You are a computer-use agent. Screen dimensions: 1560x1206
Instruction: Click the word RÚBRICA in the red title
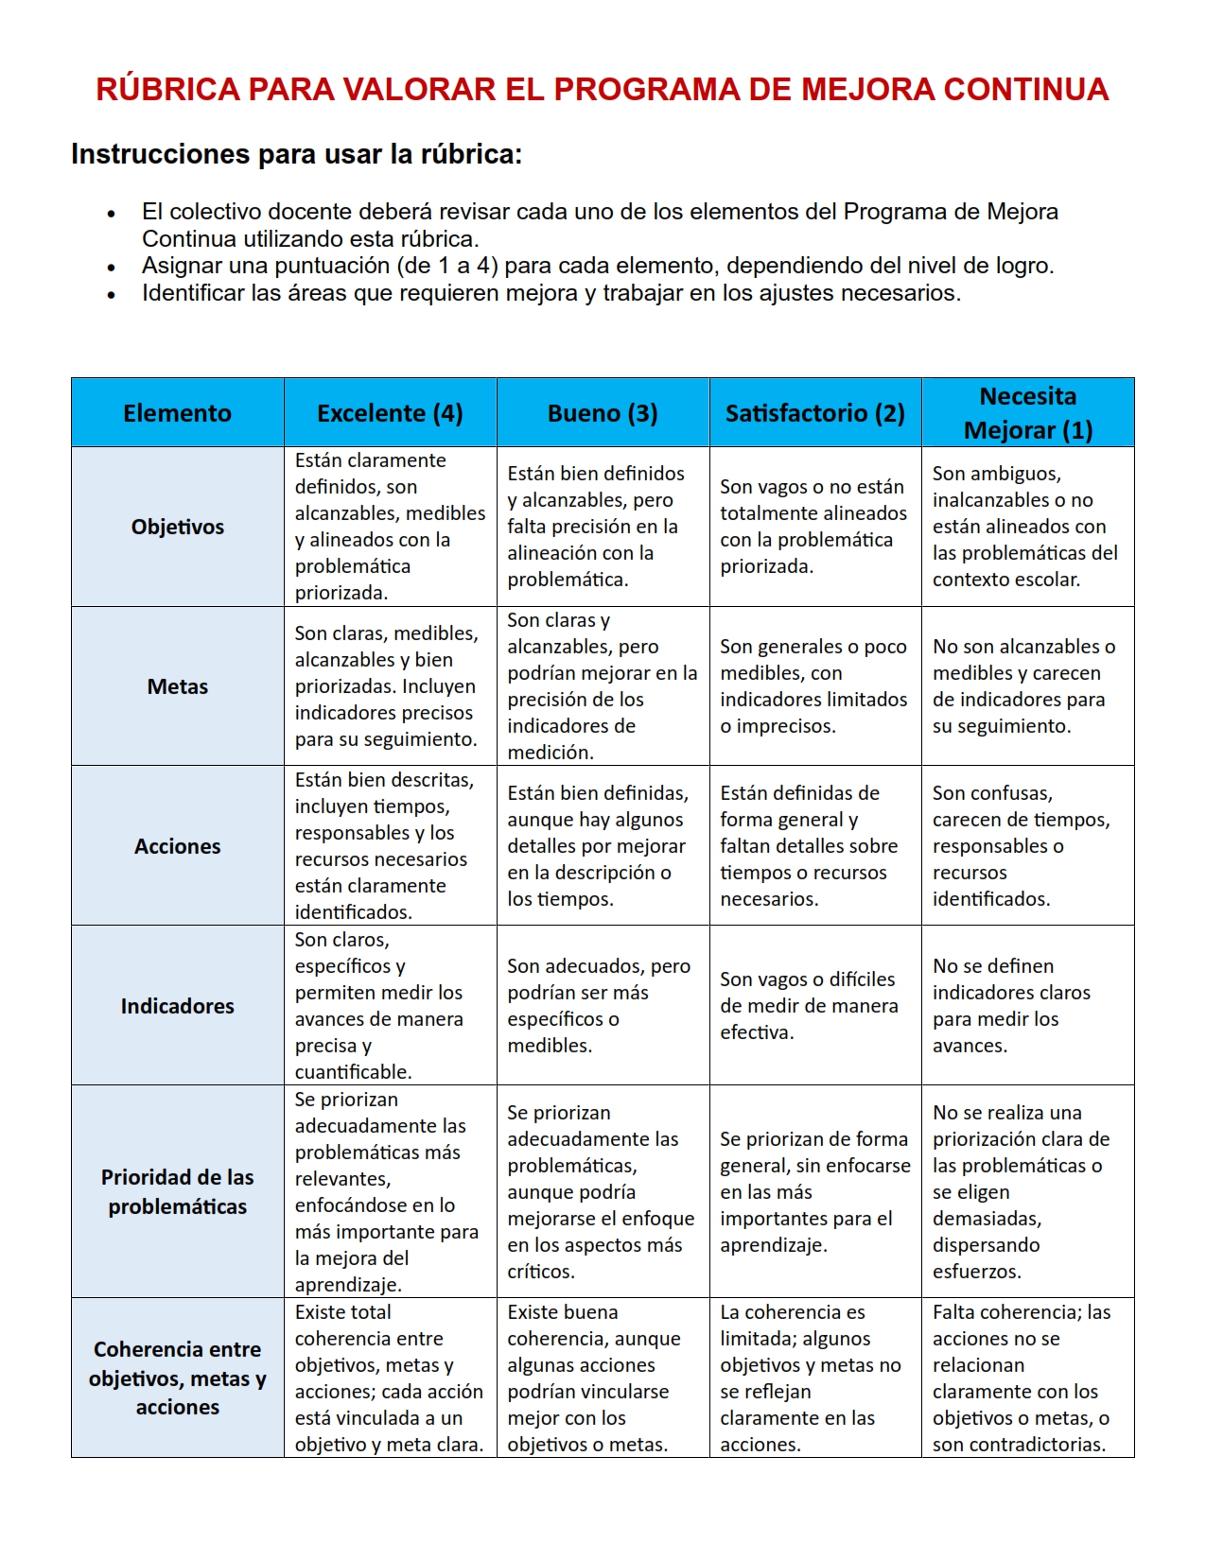click(x=167, y=90)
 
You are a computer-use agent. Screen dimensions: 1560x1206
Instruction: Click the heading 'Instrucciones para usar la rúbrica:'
click(x=296, y=154)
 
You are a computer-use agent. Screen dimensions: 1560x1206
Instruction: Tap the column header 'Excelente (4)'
click(x=390, y=413)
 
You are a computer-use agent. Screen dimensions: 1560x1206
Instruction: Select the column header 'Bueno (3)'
click(x=603, y=413)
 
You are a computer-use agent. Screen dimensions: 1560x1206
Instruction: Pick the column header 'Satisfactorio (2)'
click(x=814, y=413)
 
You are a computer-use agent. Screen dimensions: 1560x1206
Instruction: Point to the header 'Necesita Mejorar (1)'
click(x=1027, y=413)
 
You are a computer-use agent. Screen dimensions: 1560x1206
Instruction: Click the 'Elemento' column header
click(x=177, y=413)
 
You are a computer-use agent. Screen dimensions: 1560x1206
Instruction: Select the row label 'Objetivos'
click(x=177, y=527)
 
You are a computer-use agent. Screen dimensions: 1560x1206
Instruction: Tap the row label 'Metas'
click(x=177, y=686)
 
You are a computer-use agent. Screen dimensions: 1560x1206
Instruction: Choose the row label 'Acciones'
click(x=177, y=846)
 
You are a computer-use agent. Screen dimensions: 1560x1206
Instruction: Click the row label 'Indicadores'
click(x=177, y=1006)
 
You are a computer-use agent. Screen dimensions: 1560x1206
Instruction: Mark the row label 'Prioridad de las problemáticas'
click(x=177, y=1191)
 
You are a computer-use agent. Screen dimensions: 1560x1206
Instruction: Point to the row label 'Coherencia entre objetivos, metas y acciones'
click(x=177, y=1378)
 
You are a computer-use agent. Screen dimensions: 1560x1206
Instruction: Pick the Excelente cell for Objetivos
click(x=390, y=527)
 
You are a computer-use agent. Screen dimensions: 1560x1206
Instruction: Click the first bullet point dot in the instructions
click(x=112, y=214)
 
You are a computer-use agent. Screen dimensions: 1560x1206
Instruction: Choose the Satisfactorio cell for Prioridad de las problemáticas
click(x=814, y=1191)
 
